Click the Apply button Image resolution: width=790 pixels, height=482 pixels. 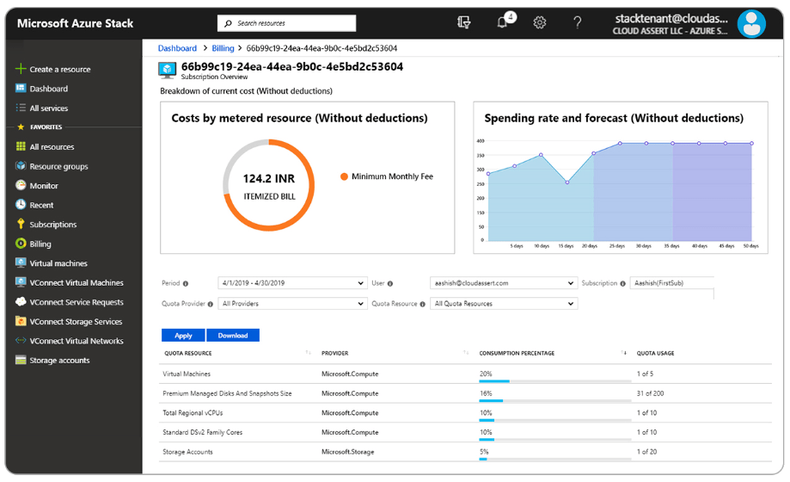183,336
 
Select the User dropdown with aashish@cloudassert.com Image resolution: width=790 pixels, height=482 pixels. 503,283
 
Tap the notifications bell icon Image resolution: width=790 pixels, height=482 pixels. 503,23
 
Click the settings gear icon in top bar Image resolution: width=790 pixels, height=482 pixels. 540,23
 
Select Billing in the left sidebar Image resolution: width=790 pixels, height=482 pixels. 40,244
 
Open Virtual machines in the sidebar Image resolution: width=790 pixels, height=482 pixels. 58,263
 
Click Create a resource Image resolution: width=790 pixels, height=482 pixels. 59,69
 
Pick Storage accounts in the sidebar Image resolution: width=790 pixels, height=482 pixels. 59,361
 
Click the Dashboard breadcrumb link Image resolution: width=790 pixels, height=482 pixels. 177,49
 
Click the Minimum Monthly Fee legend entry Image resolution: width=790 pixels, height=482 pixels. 391,176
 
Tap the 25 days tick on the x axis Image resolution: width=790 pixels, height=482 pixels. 618,246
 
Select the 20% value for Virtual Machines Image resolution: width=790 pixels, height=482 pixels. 486,374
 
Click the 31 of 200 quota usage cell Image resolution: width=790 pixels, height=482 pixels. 652,393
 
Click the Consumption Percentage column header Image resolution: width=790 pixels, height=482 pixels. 517,354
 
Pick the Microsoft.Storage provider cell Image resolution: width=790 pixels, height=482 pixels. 349,452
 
